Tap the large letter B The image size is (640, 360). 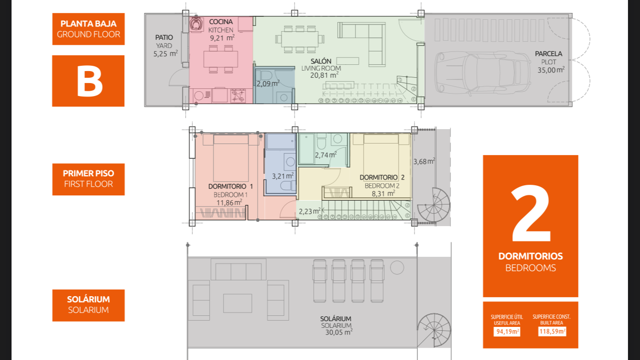pyautogui.click(x=89, y=81)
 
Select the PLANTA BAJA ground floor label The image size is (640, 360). pyautogui.click(x=88, y=29)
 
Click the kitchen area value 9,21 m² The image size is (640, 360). pyautogui.click(x=222, y=38)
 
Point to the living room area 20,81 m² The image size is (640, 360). pyautogui.click(x=324, y=75)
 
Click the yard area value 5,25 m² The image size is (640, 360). pyautogui.click(x=166, y=53)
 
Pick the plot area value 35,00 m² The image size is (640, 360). pyautogui.click(x=551, y=70)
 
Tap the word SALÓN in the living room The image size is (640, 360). pyautogui.click(x=321, y=61)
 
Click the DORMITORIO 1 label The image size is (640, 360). pyautogui.click(x=230, y=186)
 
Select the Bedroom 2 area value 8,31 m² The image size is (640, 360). pyautogui.click(x=383, y=193)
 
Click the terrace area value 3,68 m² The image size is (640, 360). pyautogui.click(x=424, y=161)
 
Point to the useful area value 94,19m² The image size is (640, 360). pyautogui.click(x=507, y=332)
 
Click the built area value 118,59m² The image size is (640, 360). pyautogui.click(x=552, y=331)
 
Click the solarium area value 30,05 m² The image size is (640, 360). pyautogui.click(x=339, y=332)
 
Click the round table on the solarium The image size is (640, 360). pyautogui.click(x=397, y=268)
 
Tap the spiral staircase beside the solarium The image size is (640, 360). pyautogui.click(x=434, y=331)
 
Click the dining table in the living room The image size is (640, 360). pyautogui.click(x=300, y=39)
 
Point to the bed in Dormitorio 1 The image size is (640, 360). pyautogui.click(x=231, y=158)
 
